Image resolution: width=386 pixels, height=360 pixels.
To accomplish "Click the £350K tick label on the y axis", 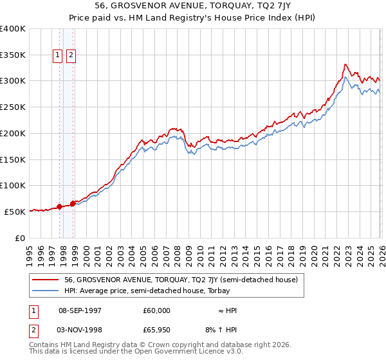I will click(13, 55).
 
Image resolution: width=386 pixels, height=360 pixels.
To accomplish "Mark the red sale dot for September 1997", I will click(60, 206).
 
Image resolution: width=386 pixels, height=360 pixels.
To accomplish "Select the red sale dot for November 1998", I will click(73, 204).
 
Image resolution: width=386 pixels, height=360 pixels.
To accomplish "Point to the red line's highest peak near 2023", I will click(345, 64).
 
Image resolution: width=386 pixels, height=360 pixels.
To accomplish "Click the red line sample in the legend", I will click(46, 280).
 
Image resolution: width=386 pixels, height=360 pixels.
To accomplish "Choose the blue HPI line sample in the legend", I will click(46, 291).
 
